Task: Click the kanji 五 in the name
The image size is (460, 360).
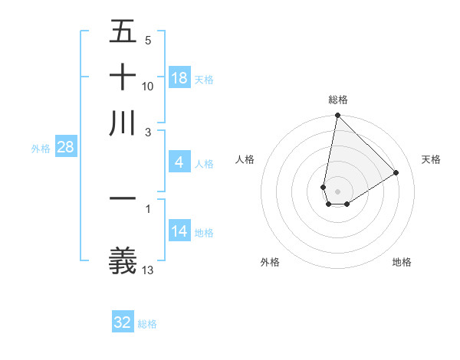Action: [123, 32]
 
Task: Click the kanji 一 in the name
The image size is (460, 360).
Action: [123, 198]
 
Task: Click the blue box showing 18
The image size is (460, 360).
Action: [179, 78]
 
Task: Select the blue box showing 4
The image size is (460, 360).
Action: [179, 162]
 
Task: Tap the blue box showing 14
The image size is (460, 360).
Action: [179, 231]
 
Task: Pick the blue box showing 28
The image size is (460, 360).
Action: [65, 147]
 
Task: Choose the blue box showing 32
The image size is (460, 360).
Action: [123, 322]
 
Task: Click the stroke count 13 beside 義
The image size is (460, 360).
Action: [149, 270]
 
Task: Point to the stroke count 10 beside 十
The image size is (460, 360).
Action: [149, 86]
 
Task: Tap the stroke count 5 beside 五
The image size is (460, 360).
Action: [148, 40]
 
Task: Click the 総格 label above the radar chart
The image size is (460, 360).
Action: [338, 100]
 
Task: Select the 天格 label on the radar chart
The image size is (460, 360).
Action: [431, 159]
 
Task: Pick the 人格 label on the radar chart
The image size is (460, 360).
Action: [245, 159]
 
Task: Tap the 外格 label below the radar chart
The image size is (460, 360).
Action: [270, 262]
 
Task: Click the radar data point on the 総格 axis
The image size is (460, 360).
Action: [337, 116]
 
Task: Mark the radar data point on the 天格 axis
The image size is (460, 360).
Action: [396, 173]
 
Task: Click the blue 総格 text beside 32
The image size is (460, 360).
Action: [147, 323]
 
